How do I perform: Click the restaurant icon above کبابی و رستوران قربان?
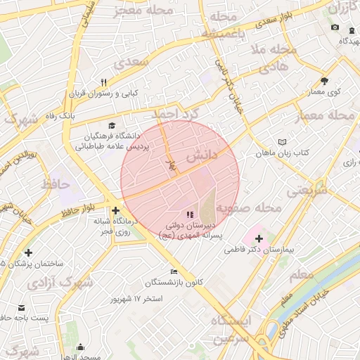104,82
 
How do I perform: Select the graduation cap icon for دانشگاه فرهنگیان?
103,124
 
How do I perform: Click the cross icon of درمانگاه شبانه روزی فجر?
115,210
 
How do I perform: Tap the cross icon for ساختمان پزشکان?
28,252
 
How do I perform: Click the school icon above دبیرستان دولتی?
188,214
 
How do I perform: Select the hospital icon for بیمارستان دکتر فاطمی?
256,238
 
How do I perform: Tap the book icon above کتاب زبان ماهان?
282,141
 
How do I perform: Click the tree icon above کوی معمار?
324,81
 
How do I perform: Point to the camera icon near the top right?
335,27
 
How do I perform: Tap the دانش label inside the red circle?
201,158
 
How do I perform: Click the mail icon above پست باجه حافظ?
21,307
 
